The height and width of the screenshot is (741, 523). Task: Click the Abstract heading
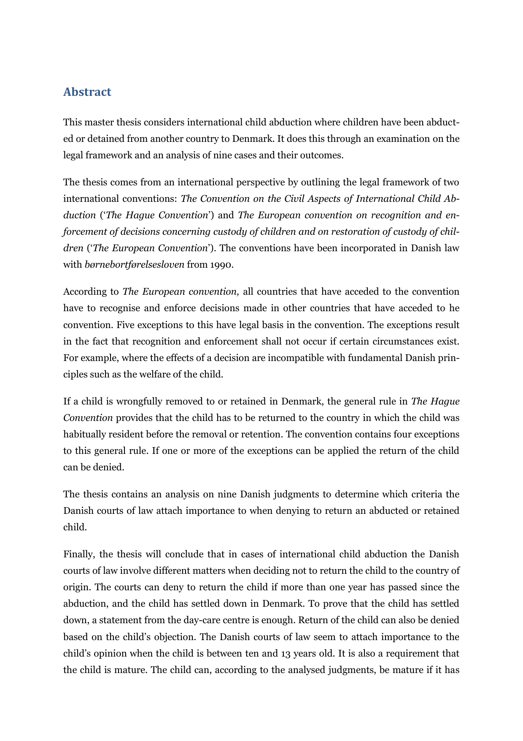pos(87,92)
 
